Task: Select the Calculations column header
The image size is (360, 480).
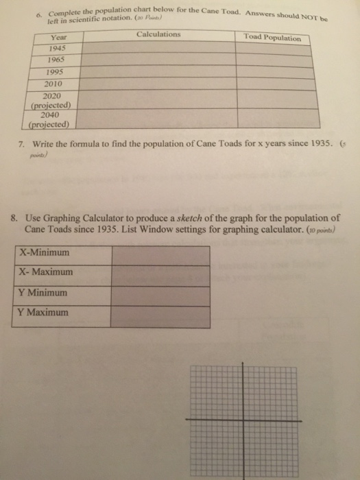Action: tap(158, 34)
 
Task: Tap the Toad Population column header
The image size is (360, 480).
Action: tap(272, 38)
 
